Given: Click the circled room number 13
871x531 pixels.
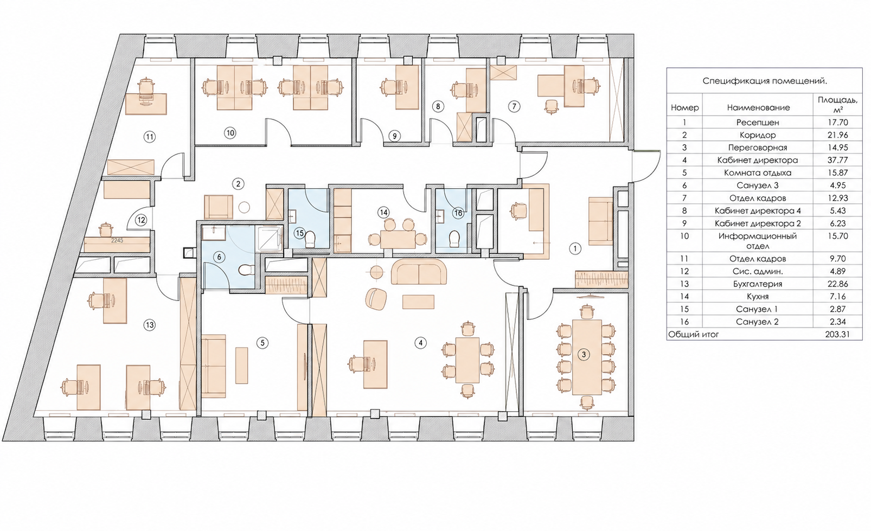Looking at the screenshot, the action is [150, 325].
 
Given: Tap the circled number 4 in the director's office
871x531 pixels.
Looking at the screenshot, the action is [420, 343].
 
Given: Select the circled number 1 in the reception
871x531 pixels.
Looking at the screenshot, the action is [575, 248].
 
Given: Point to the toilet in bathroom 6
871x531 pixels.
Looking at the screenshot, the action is [246, 270].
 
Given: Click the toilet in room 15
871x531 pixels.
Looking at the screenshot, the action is [310, 240].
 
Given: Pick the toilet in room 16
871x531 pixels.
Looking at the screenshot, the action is [454, 239].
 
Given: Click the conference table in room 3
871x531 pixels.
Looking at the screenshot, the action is [587, 356].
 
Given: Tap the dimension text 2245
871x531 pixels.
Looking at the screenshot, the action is [117, 240].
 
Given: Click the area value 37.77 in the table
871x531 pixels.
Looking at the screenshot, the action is [837, 160].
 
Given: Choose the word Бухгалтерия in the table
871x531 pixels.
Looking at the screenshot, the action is [757, 284].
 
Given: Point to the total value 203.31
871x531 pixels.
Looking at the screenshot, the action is [837, 334].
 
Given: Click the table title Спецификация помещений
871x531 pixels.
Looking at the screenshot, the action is [765, 81].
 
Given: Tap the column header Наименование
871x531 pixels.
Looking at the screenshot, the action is [758, 108].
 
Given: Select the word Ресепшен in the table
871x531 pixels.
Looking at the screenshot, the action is [758, 123].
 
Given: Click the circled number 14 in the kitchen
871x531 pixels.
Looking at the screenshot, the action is [384, 213].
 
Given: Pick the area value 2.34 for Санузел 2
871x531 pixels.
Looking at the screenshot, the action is [837, 322].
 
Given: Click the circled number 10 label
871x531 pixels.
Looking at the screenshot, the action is [230, 133].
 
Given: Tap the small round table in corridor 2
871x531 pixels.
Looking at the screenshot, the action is [244, 207].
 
